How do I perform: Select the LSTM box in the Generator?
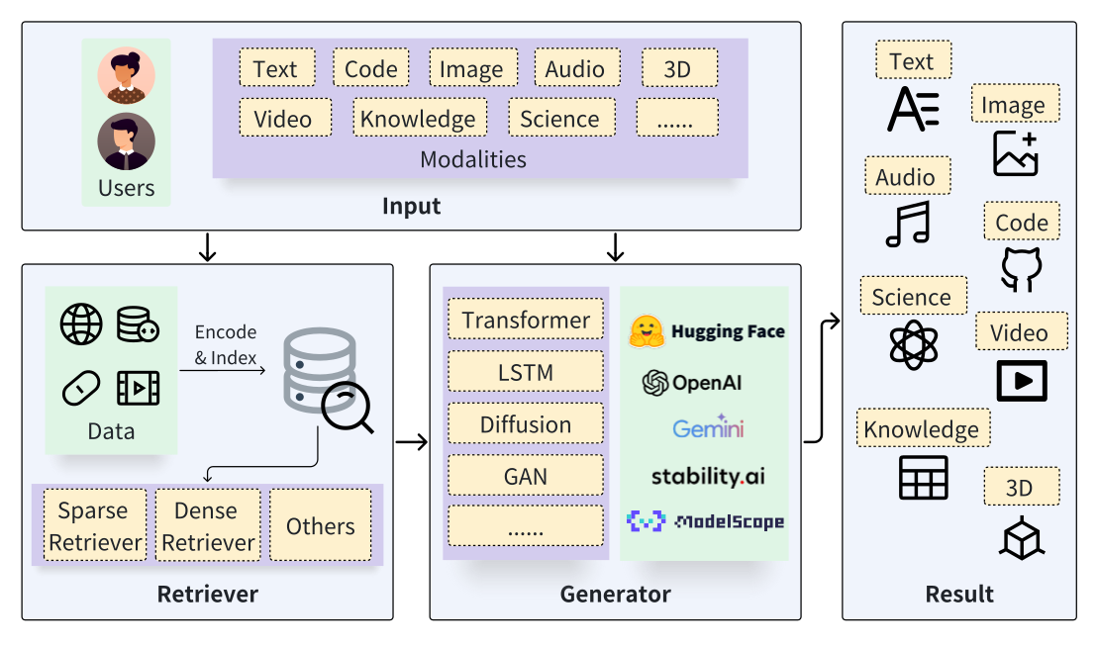(525, 372)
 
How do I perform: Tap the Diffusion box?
(525, 423)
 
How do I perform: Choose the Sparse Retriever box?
(95, 525)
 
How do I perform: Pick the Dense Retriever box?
(208, 525)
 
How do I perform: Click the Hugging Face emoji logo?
(646, 331)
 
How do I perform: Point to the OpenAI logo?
(692, 383)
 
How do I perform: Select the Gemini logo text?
(708, 427)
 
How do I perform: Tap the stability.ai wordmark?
(708, 477)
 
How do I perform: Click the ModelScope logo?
(705, 521)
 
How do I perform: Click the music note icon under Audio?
(908, 224)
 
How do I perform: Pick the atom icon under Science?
(913, 345)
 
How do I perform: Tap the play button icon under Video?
(1022, 381)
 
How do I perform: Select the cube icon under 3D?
(1022, 537)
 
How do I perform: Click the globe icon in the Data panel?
(81, 324)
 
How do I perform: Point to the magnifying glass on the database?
(348, 408)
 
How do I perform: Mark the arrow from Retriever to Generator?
(412, 441)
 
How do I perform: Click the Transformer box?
(525, 320)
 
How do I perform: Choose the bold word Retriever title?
(207, 594)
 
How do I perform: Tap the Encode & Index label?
(226, 344)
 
